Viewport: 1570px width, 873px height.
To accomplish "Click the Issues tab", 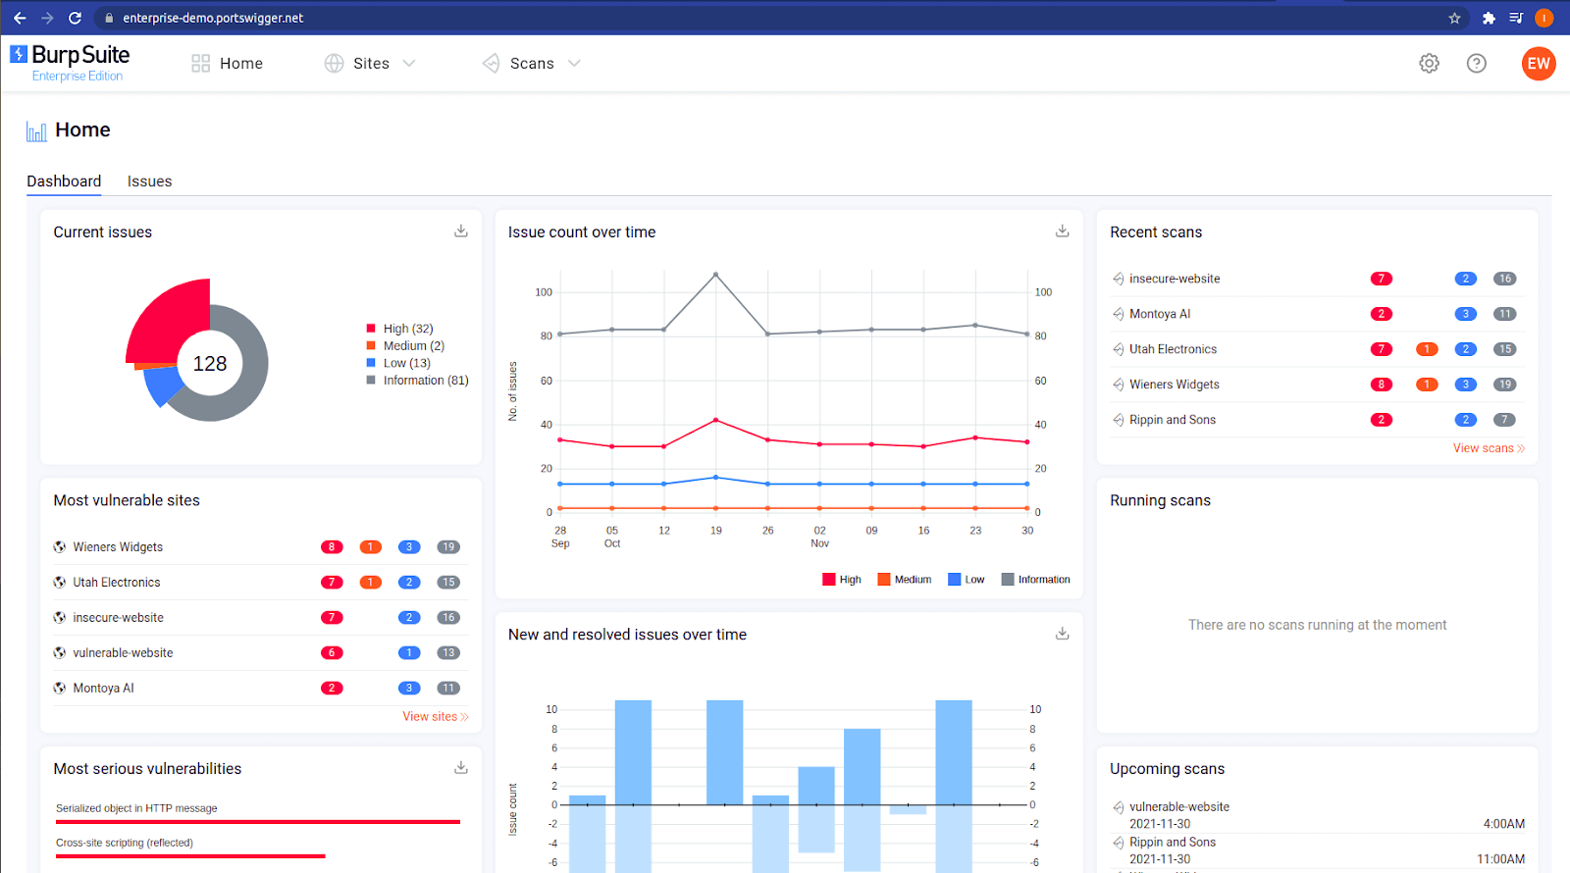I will [x=149, y=181].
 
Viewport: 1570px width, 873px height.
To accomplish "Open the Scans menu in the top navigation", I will [x=532, y=64].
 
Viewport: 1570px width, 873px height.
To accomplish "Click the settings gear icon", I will [x=1429, y=64].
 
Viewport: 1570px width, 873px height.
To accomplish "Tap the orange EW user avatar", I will [x=1538, y=64].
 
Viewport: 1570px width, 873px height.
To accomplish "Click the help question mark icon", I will [x=1476, y=64].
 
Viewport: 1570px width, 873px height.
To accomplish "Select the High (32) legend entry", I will [x=407, y=329].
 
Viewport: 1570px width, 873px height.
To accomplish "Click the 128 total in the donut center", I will [x=210, y=364].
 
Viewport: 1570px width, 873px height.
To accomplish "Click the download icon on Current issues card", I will [x=461, y=231].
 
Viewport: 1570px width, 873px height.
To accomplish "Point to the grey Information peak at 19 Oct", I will [x=715, y=275].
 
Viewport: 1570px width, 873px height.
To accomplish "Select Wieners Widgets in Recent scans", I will [x=1174, y=385].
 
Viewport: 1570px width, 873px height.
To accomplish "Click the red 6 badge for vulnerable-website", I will [x=332, y=653].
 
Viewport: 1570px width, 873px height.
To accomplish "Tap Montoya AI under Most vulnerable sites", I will [x=103, y=689].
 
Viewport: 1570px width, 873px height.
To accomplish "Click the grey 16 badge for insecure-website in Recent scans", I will [x=1504, y=279].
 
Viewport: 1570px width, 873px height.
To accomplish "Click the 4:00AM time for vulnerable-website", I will [x=1503, y=824].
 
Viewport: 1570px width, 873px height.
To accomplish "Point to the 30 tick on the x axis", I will [x=1027, y=531].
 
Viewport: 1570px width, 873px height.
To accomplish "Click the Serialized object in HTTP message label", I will [x=136, y=808].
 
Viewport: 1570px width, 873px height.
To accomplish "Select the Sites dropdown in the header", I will [x=371, y=64].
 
